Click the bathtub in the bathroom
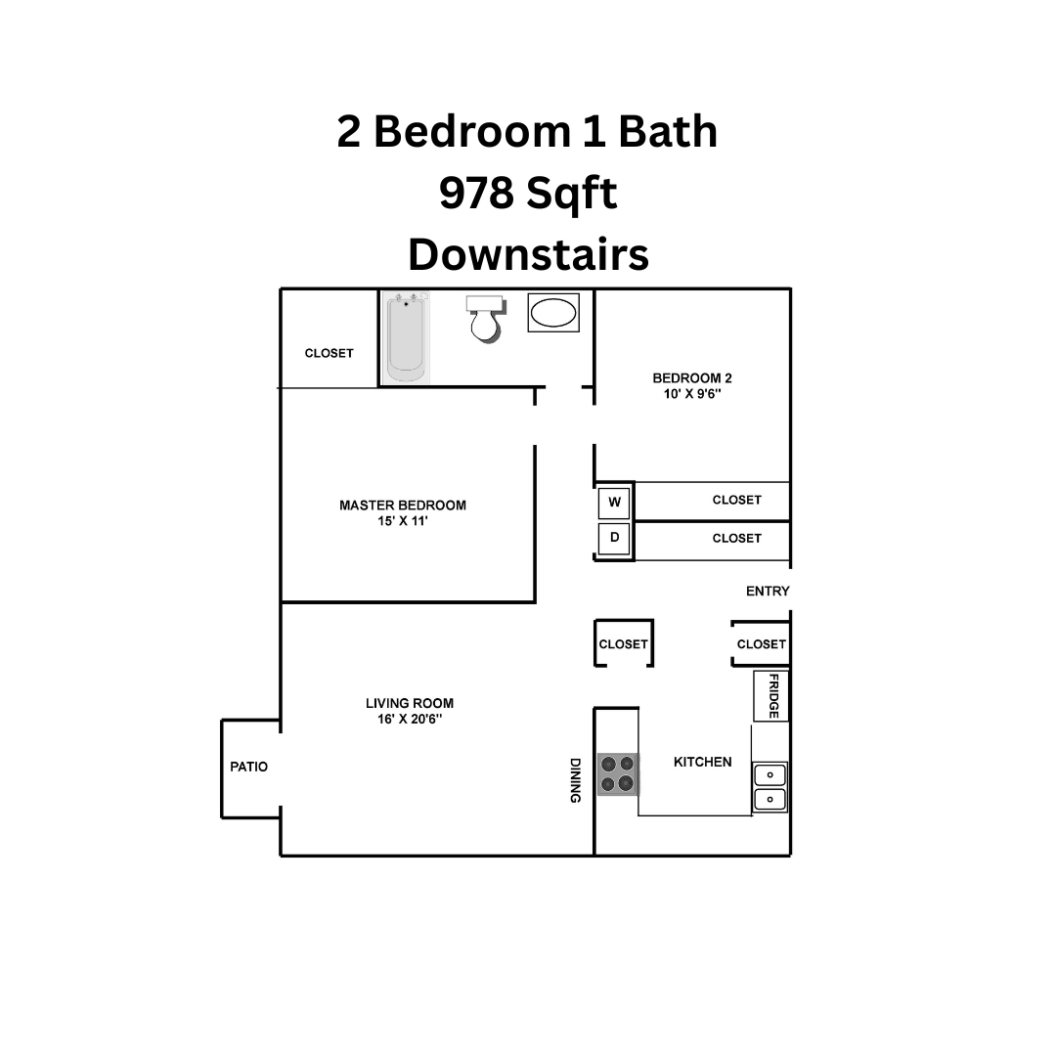(406, 337)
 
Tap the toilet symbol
(483, 318)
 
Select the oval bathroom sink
(553, 313)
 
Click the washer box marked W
(615, 503)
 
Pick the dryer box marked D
(615, 539)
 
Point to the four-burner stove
(617, 773)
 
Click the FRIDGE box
(771, 696)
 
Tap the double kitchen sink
(770, 787)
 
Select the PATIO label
(248, 767)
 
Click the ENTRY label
(768, 592)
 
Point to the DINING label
(576, 780)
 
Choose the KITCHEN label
(702, 762)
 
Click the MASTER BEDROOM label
(402, 506)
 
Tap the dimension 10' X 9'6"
(692, 394)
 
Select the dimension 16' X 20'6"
(409, 719)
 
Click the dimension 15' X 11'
(403, 522)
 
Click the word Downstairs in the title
(528, 254)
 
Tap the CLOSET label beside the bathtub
(329, 353)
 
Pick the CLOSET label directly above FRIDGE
(761, 644)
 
